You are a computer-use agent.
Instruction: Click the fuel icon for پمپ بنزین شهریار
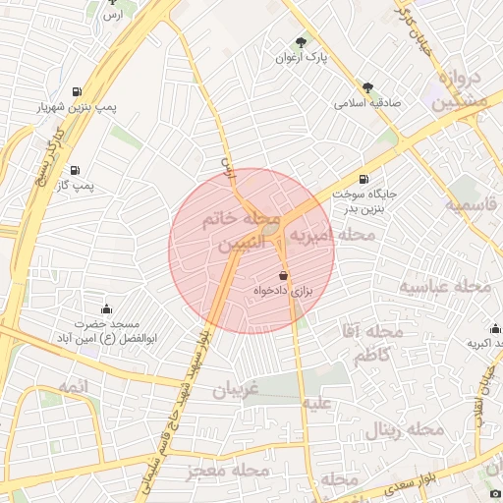pos(77,93)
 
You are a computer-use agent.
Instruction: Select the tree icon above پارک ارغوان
pos(301,42)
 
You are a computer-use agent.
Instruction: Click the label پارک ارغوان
pos(301,58)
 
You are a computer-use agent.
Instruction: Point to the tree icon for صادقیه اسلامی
pos(367,87)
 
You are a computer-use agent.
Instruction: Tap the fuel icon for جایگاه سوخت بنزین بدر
pos(365,179)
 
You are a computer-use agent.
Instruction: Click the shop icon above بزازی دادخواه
pos(284,276)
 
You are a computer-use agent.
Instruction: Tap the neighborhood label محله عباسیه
pos(444,286)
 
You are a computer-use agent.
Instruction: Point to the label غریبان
pos(236,389)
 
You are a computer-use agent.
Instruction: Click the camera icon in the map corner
pos(494,493)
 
